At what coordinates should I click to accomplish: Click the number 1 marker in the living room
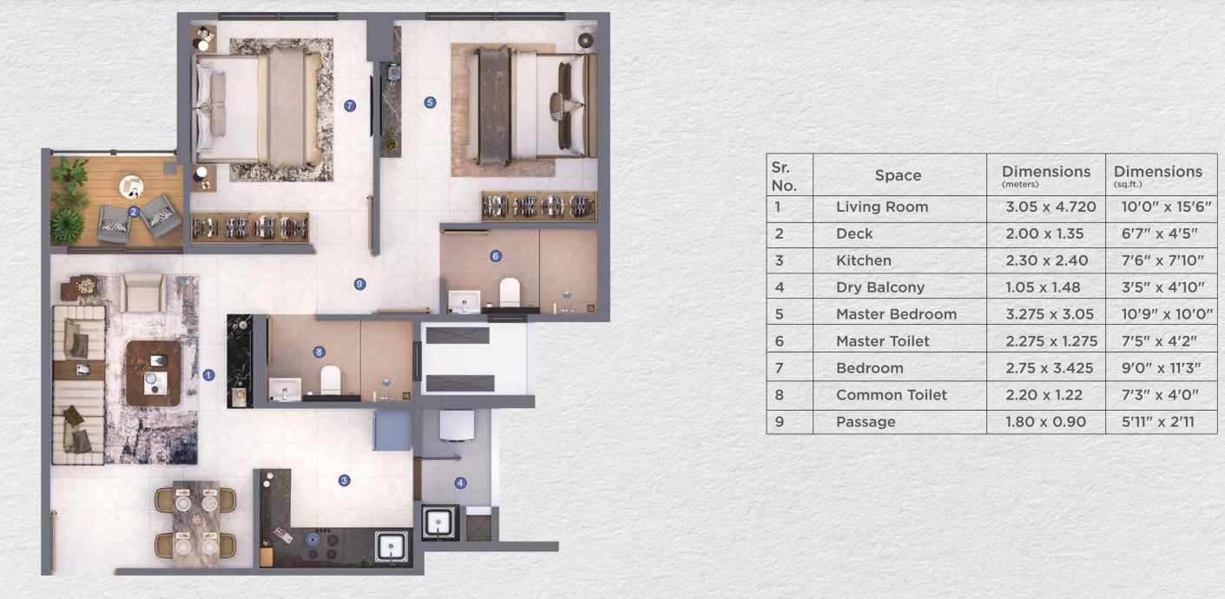coord(208,375)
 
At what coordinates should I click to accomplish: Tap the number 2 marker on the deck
coord(134,212)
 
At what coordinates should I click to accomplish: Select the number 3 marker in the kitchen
coord(344,481)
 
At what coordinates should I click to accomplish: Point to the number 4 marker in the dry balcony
coord(460,483)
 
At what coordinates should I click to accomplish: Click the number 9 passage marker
coord(359,284)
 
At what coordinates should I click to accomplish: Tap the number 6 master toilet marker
coord(496,256)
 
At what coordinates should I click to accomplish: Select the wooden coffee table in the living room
coord(153,373)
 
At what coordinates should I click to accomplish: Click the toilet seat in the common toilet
coord(331,379)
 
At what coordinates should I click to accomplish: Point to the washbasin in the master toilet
coord(464,302)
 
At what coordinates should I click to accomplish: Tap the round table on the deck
coord(132,187)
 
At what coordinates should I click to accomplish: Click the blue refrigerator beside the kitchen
coord(392,431)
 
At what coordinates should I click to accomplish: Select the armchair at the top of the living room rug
coord(142,292)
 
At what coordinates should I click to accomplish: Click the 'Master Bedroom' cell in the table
coord(896,314)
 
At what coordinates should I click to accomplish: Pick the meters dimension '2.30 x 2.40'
coord(1047,260)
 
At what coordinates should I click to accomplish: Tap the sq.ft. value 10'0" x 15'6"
coord(1167,207)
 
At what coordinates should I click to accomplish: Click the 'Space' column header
coord(898,175)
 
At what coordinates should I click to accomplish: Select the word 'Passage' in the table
coord(866,422)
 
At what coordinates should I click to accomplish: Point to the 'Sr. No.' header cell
coord(783,176)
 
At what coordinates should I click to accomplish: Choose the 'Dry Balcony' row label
coord(880,287)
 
